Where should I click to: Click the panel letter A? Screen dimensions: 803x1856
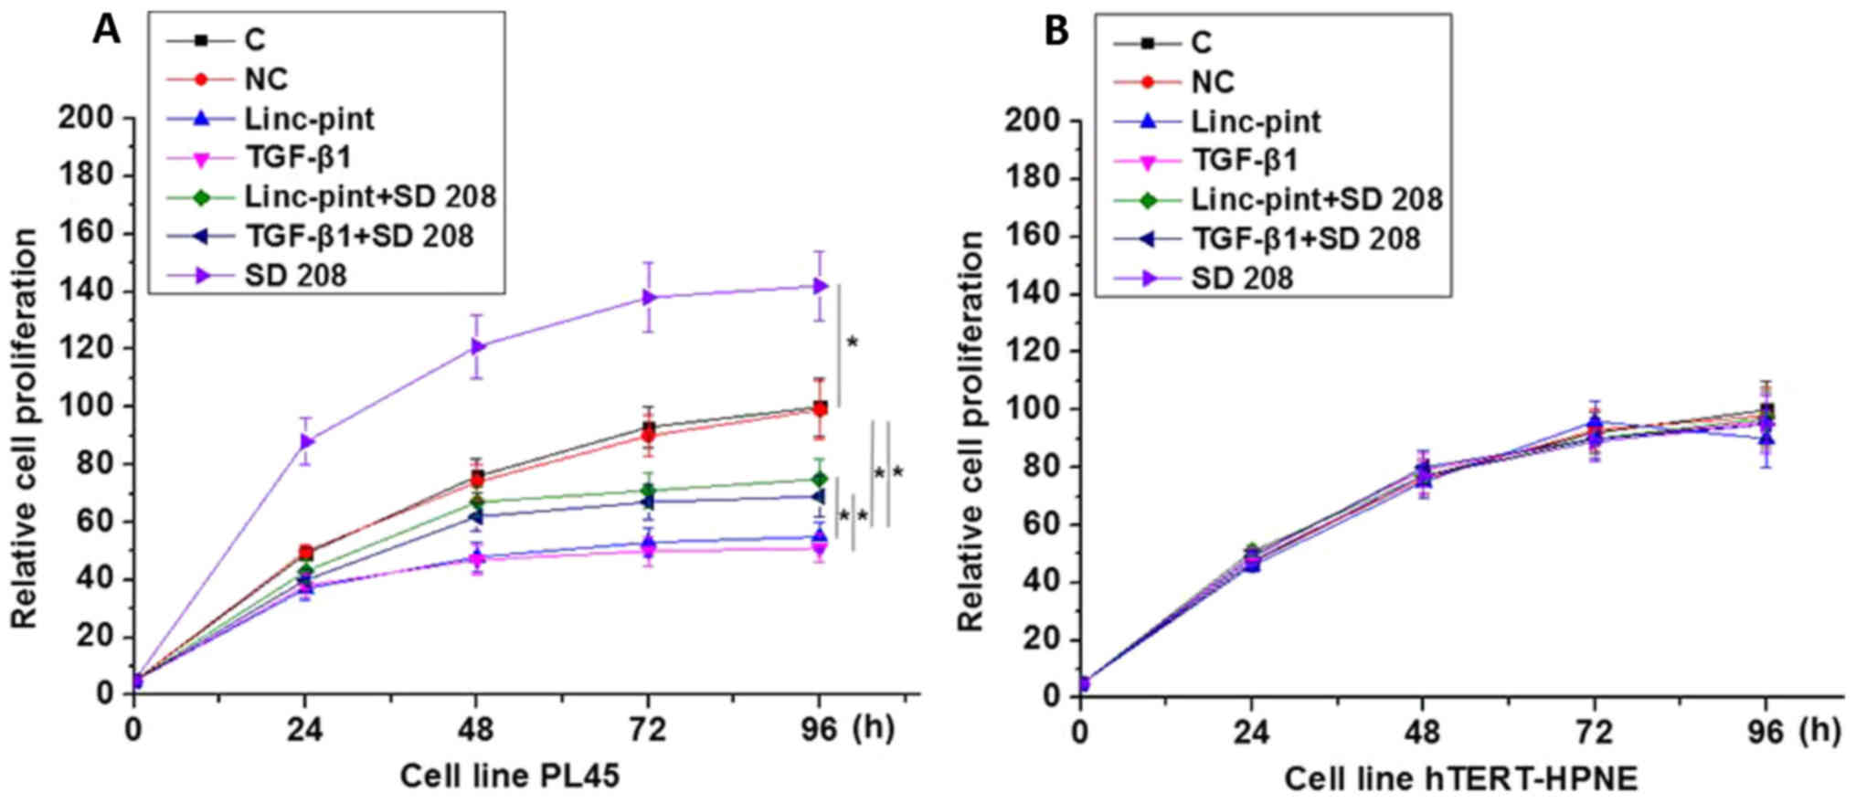click(x=106, y=31)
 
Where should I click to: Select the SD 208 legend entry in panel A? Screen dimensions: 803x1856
click(x=295, y=274)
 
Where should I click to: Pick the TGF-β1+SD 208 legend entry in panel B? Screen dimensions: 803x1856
click(x=1306, y=238)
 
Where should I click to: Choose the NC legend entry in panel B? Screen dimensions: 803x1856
click(x=1213, y=82)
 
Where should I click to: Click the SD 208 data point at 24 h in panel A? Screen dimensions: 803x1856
click(x=307, y=441)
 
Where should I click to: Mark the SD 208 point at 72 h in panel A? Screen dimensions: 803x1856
click(x=649, y=297)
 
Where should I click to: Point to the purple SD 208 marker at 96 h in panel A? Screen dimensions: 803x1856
click(x=820, y=286)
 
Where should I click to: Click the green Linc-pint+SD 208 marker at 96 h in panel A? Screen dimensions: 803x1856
click(x=820, y=479)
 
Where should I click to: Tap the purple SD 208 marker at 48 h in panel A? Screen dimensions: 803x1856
click(x=477, y=346)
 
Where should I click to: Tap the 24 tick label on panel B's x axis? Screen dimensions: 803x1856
click(x=1251, y=732)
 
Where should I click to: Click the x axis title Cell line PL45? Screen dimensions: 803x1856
click(x=509, y=777)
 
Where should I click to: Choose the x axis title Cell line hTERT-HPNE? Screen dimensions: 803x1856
click(x=1460, y=779)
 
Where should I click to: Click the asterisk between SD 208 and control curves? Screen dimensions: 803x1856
click(x=853, y=343)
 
